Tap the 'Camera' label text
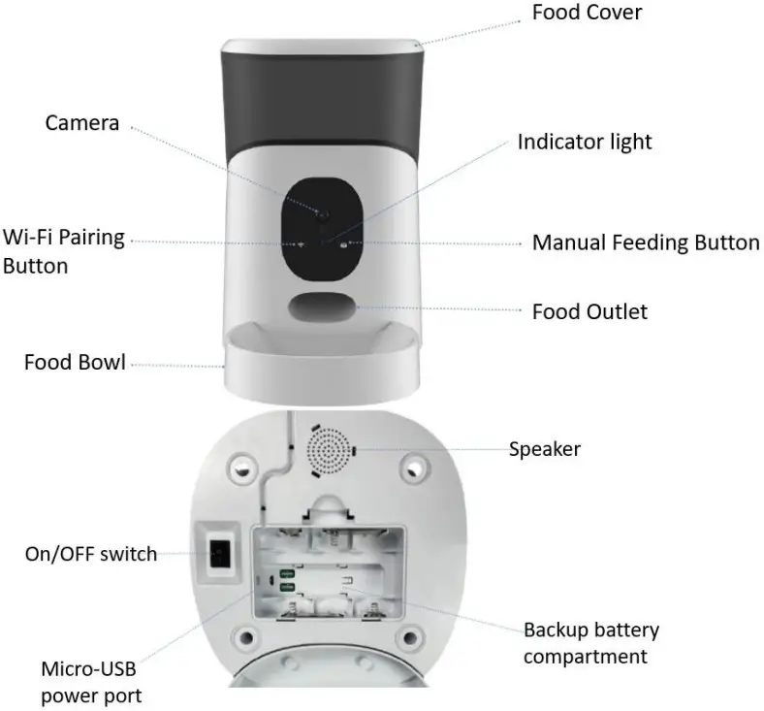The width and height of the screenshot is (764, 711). (x=82, y=123)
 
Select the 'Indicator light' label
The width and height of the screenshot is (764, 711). (x=585, y=142)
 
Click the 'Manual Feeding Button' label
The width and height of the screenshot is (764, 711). (x=646, y=242)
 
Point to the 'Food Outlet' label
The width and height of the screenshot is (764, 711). (x=589, y=311)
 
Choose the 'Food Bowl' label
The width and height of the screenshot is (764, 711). (x=75, y=363)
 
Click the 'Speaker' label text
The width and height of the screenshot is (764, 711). (x=545, y=449)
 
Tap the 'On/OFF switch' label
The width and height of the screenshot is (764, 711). (x=90, y=554)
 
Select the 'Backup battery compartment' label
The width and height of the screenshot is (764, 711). (x=591, y=643)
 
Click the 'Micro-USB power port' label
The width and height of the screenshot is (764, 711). (x=91, y=682)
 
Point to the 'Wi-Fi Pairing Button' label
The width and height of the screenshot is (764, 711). (x=64, y=251)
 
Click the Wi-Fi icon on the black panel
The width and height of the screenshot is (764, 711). (x=301, y=244)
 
